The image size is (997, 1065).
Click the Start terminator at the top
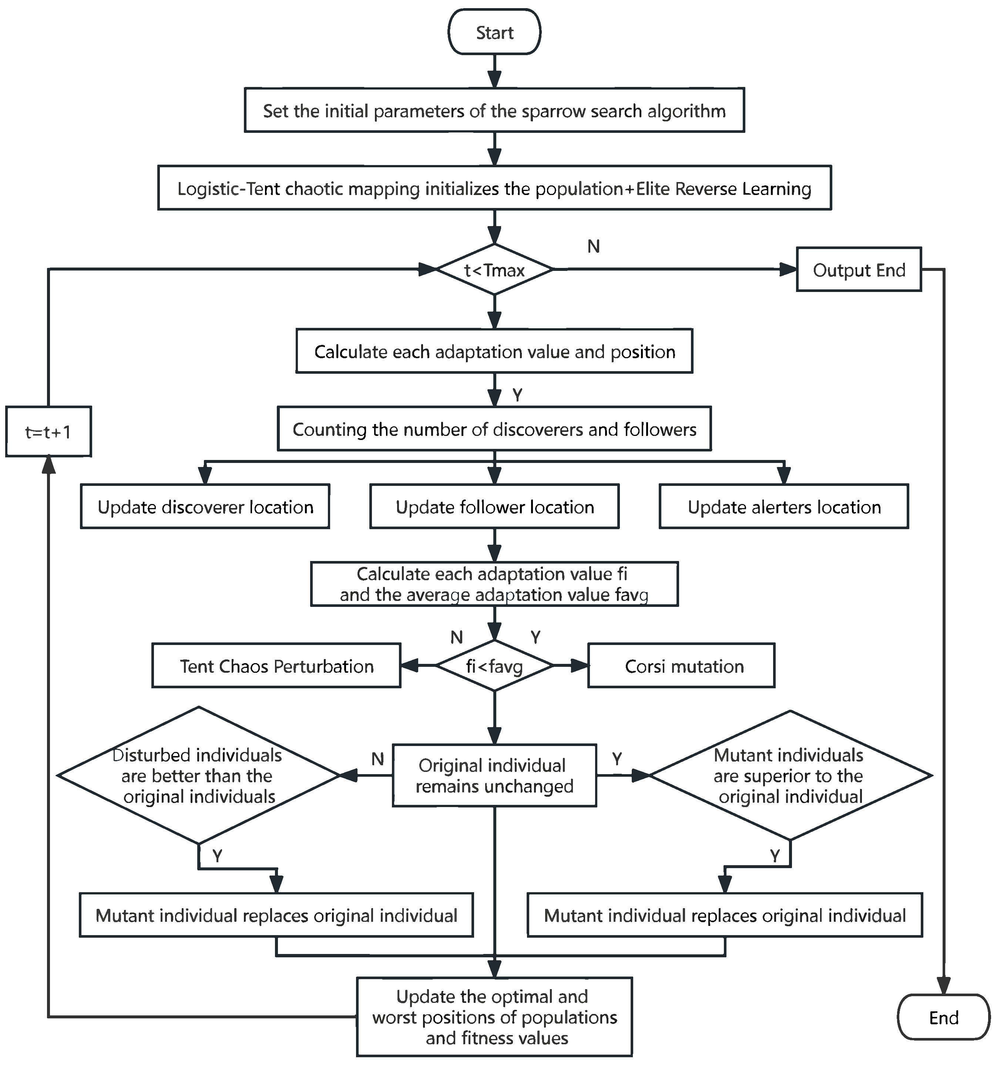coord(494,32)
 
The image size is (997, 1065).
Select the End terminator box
coord(943,1017)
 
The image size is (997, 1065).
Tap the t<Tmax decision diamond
coord(494,269)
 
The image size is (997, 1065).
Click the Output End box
coord(858,269)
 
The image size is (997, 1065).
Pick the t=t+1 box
coord(48,431)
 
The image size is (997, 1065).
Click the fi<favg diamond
coord(494,666)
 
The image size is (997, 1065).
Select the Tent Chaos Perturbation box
coord(276,666)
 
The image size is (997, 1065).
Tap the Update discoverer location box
coord(205,507)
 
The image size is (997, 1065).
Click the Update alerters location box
coord(784,507)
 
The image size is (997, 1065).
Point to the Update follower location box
coord(494,507)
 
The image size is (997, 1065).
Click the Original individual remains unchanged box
coord(494,775)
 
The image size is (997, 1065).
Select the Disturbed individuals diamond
coord(199,775)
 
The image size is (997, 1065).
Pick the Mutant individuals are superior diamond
coord(790,775)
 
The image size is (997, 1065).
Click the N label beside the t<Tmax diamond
coord(593,246)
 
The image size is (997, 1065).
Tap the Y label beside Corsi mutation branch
coord(535,637)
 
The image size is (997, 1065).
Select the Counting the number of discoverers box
coord(494,429)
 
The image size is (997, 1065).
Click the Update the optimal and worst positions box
coord(494,1017)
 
